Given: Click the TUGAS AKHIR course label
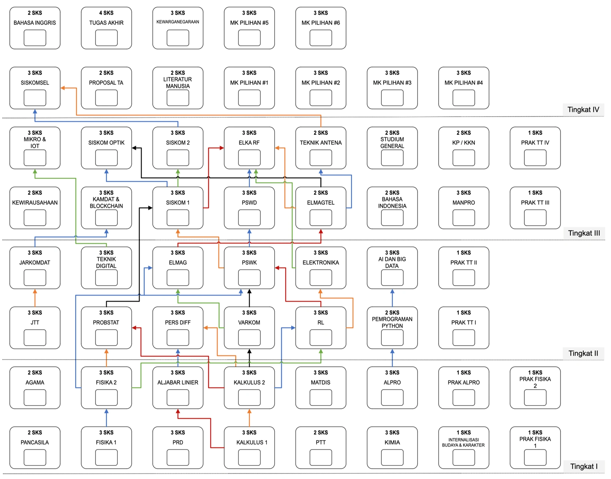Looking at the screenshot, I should (106, 23).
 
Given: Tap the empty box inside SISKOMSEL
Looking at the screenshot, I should (35, 98).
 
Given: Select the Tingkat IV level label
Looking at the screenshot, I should (583, 110).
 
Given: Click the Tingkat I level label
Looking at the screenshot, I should (584, 466).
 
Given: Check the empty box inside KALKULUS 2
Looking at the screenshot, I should (249, 398).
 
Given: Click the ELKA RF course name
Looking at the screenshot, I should (249, 143).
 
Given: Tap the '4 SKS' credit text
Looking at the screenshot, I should (106, 13).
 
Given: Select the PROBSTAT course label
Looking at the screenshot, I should (106, 323).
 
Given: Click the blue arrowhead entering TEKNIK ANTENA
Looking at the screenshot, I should (321, 172).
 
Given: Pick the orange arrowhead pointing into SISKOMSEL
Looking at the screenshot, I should (63, 88).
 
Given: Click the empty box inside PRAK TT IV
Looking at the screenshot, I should (535, 158).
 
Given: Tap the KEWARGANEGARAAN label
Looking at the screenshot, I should (178, 22).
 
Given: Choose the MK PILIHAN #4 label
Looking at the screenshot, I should (464, 83).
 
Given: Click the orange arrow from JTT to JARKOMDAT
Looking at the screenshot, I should (35, 298).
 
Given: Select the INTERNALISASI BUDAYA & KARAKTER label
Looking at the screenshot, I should (463, 443).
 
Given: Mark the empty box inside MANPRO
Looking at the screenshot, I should (464, 218).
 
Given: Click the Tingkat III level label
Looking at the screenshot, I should (584, 233).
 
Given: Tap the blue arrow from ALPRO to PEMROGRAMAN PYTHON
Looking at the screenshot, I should (392, 358).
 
